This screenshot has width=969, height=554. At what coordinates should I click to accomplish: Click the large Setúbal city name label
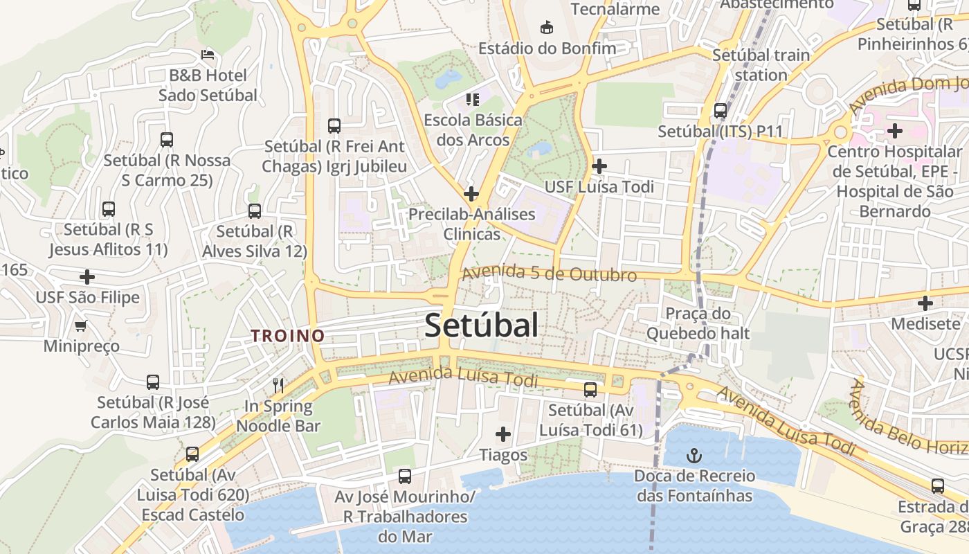(481, 325)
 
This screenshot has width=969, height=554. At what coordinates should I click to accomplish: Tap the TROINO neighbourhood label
(287, 336)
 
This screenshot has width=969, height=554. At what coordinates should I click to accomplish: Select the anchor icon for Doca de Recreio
(693, 456)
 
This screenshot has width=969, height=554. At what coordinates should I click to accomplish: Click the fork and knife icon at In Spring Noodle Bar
(278, 385)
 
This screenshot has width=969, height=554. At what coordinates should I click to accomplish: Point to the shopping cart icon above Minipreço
(81, 325)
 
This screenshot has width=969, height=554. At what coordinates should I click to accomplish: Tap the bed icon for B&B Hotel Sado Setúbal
(207, 54)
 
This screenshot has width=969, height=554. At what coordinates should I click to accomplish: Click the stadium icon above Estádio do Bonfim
(547, 27)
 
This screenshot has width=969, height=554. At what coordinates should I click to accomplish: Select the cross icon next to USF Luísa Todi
(599, 166)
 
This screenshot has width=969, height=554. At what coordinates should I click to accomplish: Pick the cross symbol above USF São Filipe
(87, 277)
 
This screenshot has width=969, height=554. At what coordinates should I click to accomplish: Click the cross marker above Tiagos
(503, 434)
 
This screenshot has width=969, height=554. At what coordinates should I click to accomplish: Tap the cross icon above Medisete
(925, 303)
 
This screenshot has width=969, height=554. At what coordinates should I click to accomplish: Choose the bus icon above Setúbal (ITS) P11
(720, 110)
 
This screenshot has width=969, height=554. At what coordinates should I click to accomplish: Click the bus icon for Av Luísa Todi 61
(590, 390)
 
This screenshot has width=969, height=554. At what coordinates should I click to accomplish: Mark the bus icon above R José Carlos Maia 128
(153, 382)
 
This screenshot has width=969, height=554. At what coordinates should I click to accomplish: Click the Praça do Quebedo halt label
(698, 323)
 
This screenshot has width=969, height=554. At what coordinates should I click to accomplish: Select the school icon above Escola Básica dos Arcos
(473, 100)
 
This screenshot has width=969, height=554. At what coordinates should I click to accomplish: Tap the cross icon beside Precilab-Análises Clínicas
(471, 194)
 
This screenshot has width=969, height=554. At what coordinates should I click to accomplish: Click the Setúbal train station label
(761, 64)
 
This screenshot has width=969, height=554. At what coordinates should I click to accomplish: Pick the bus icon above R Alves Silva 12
(255, 211)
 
